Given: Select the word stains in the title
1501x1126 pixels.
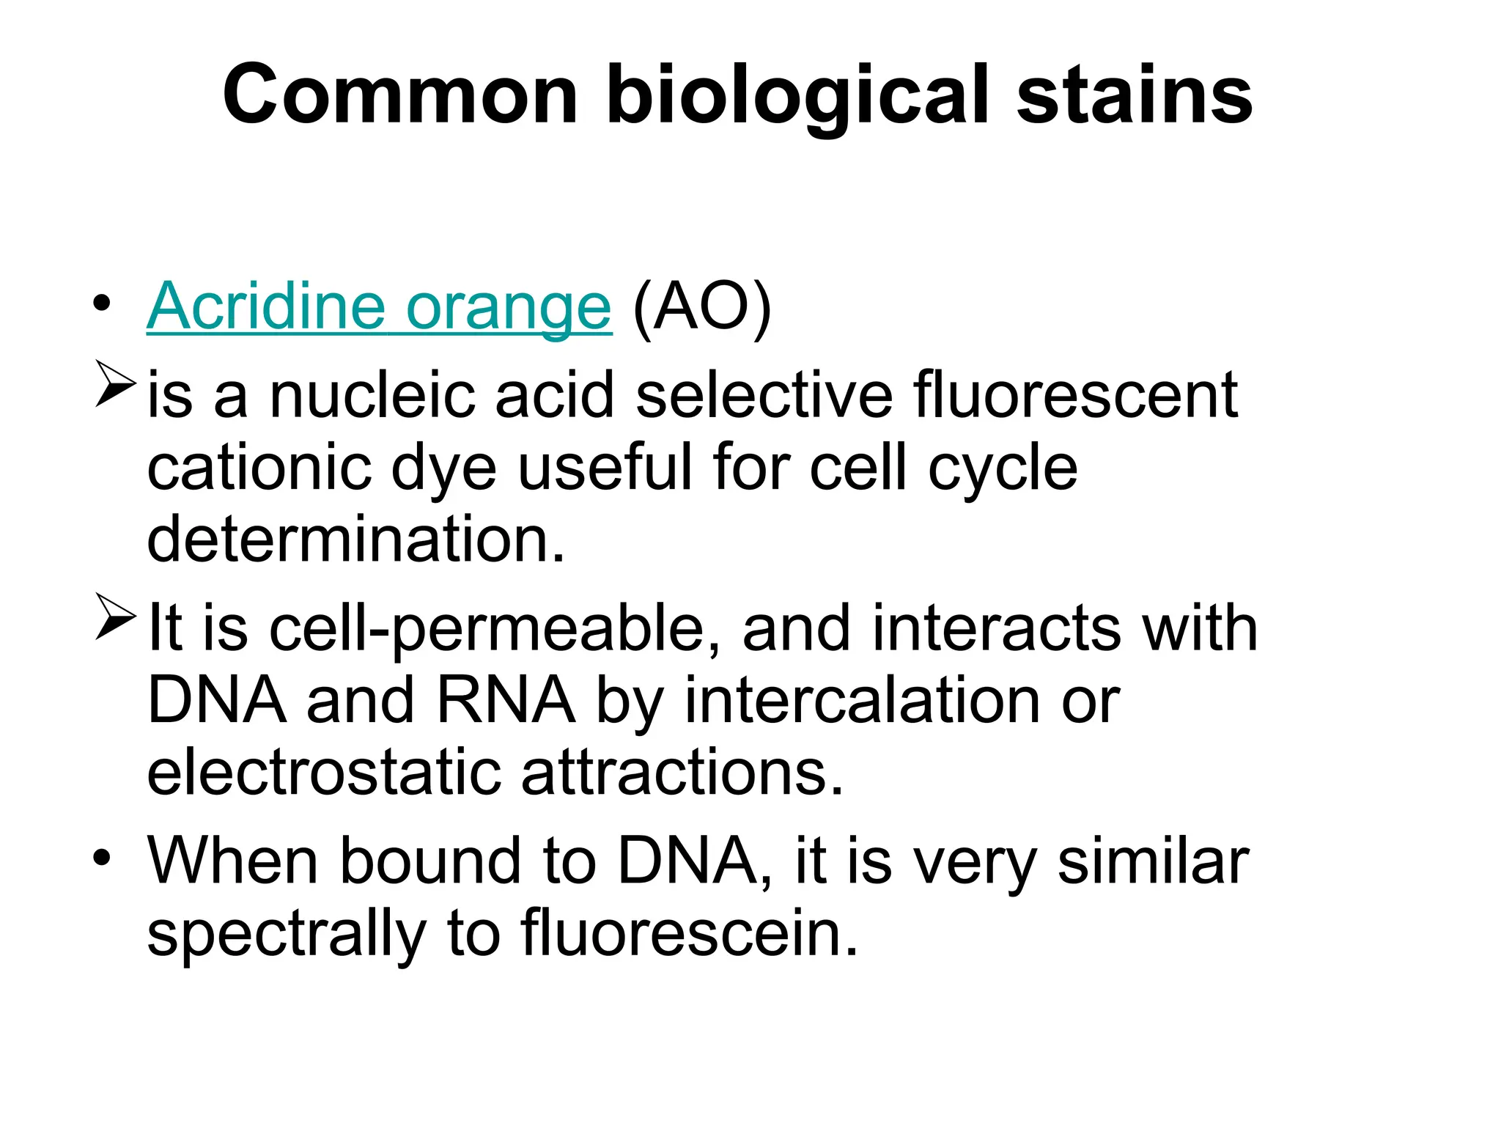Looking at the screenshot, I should tap(1135, 96).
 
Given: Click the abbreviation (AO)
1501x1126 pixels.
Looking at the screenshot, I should tap(701, 308).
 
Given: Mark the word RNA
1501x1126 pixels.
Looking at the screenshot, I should tap(506, 701).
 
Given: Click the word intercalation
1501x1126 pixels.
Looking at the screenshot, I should tap(862, 701).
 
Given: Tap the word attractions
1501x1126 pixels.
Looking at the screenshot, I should tap(682, 773).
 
